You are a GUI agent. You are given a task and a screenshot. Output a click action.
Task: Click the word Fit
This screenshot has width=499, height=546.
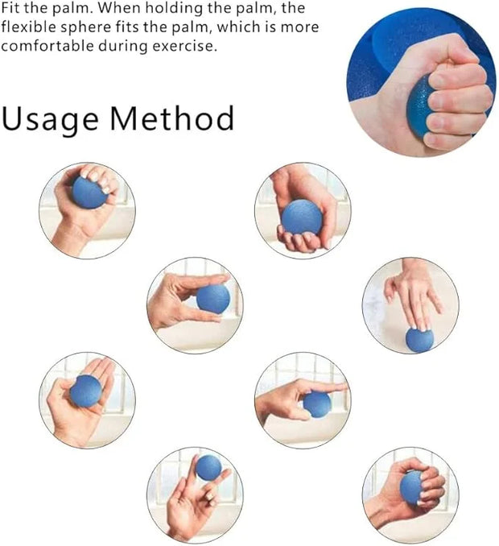pos(10,8)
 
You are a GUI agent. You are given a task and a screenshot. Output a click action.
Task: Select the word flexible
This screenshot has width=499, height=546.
pos(28,27)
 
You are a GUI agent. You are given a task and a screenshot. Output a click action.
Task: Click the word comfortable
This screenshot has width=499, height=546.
pos(47,46)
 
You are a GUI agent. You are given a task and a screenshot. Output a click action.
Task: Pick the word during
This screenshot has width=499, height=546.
pos(123,47)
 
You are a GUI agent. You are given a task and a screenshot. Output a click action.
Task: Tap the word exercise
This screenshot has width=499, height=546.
pos(184,47)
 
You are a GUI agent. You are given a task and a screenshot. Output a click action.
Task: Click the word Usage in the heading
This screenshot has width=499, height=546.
pos(51,119)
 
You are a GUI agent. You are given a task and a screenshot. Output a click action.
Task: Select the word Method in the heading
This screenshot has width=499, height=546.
pos(172,118)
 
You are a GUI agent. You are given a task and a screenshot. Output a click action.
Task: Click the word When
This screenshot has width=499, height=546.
pos(118,8)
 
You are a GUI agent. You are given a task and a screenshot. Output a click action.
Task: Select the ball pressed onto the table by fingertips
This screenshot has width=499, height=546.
pos(419,340)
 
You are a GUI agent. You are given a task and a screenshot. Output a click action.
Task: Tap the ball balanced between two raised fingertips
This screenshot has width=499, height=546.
pos(208,467)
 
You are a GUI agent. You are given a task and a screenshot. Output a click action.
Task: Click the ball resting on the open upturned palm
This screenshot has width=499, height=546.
pos(85,391)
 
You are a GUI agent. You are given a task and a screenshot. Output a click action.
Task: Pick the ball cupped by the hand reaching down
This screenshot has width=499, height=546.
pos(302,217)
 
